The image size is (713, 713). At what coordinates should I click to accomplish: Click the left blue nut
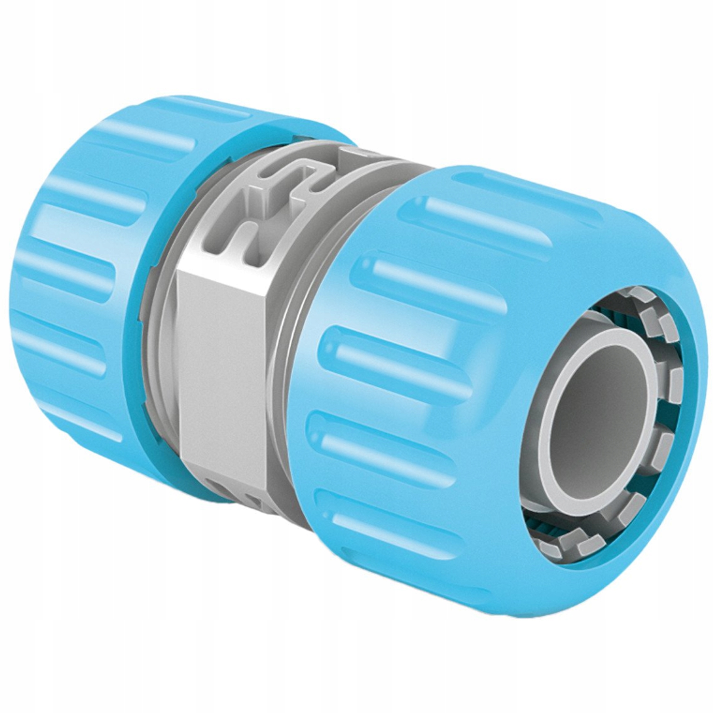[74, 295]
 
